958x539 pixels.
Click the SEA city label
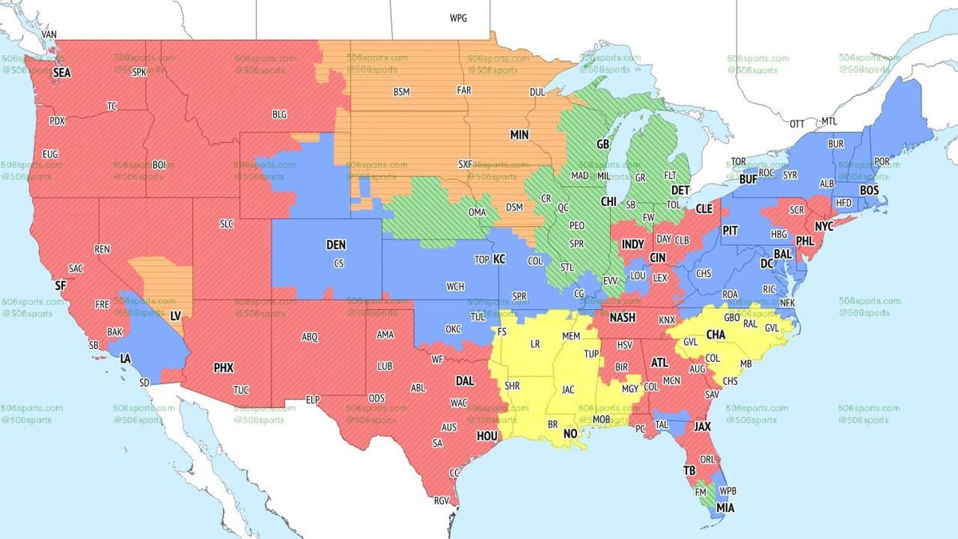(x=61, y=73)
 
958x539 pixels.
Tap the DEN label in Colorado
(x=337, y=245)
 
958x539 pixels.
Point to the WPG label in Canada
(x=458, y=18)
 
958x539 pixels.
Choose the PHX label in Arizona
(x=224, y=368)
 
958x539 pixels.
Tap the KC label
(x=500, y=260)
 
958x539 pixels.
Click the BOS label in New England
(x=869, y=190)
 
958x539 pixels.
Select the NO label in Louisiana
(x=570, y=434)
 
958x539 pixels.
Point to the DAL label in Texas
(x=464, y=382)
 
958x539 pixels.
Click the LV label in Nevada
(x=175, y=316)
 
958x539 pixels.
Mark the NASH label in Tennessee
(x=622, y=318)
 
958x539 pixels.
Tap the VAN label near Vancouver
(x=49, y=35)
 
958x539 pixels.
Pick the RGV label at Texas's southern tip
(x=441, y=501)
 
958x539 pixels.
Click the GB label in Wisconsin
(x=603, y=145)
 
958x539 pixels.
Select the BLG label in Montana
(x=279, y=115)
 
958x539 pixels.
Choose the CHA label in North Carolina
(x=715, y=335)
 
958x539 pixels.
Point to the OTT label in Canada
(x=797, y=125)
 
